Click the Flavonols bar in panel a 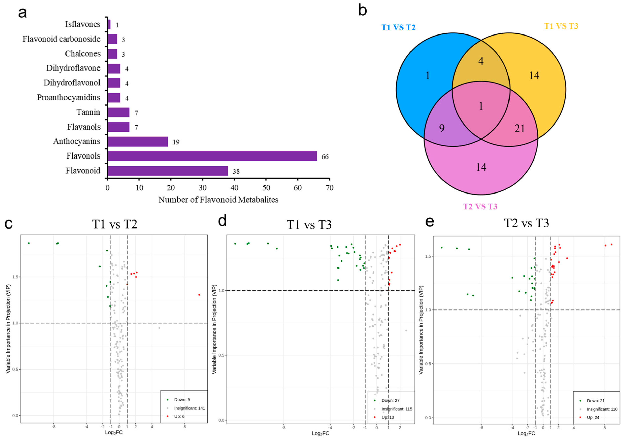tap(212, 156)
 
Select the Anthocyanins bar tap(138, 142)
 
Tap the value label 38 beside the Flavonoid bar tap(236, 171)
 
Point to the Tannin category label tap(88, 112)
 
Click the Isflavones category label tap(83, 24)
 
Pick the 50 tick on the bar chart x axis tap(266, 188)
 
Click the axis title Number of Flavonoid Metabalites tap(218, 200)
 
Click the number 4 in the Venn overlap tap(481, 61)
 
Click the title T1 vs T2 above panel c tap(115, 224)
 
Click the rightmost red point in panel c tap(199, 295)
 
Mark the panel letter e tap(429, 222)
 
